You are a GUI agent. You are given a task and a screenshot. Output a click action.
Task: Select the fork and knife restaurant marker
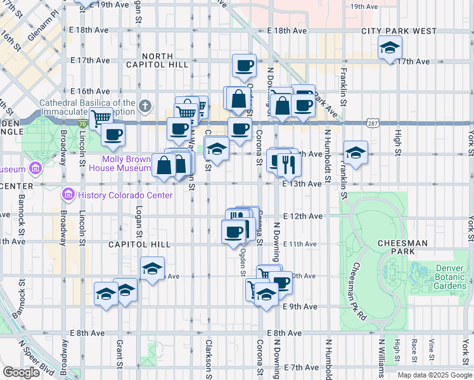click(x=289, y=165)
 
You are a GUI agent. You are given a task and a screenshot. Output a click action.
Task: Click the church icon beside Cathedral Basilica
click(x=145, y=106)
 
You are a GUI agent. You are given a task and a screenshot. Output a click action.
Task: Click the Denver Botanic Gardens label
click(x=450, y=277)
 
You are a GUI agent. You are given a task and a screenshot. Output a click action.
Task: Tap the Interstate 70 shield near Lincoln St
click(x=83, y=124)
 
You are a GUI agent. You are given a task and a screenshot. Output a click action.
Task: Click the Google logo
click(x=22, y=372)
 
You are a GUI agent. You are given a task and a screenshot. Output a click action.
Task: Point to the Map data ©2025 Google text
click(x=434, y=375)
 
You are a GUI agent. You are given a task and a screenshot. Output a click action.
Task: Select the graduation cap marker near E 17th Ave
click(x=390, y=47)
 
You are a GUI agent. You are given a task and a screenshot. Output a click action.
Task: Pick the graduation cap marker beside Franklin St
click(x=355, y=153)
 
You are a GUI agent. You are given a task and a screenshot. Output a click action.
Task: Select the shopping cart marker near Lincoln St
click(x=101, y=118)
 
